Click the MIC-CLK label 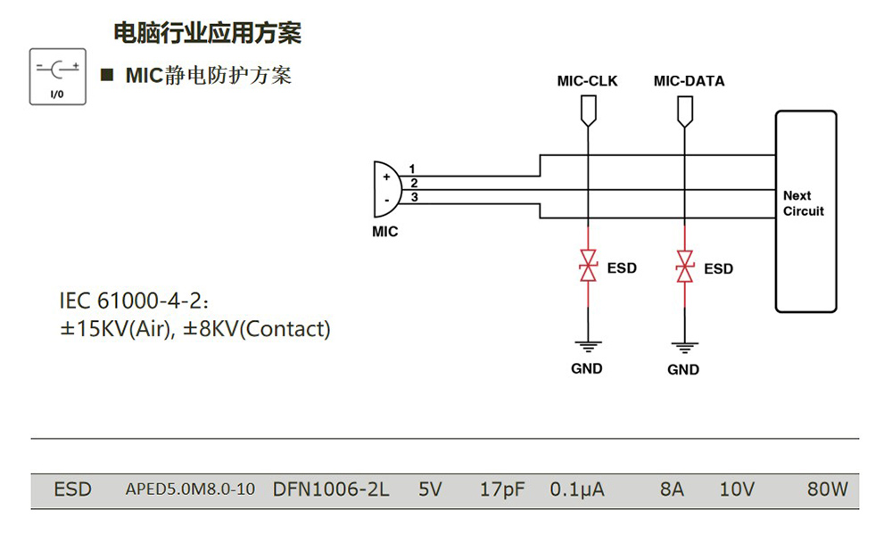pos(587,81)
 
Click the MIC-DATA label pos(689,81)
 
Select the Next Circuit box pos(805,211)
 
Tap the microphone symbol pos(386,189)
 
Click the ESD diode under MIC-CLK pos(588,266)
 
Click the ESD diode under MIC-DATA pos(684,266)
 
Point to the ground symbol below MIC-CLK pos(587,345)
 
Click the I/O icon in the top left pos(58,77)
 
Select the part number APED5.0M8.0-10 pos(190,490)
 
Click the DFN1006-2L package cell pos(331,490)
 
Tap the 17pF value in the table pos(501,490)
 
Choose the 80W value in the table pos(826,490)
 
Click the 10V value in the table pos(737,490)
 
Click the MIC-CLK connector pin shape pos(587,110)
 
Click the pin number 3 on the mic pos(414,197)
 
